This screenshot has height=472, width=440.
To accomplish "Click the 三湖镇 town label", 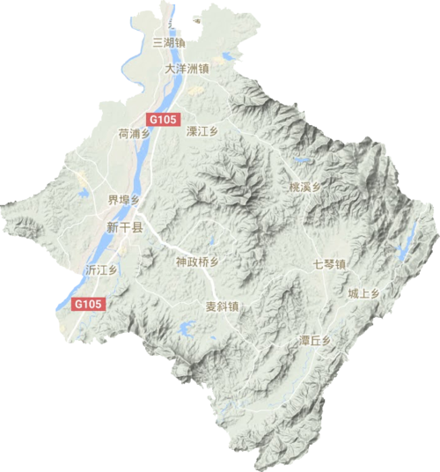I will tap(169, 41).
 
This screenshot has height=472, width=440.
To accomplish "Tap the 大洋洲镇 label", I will tap(187, 67).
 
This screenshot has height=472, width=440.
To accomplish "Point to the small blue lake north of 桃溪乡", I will tap(301, 161).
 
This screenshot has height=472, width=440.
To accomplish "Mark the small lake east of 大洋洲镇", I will tap(231, 56).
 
